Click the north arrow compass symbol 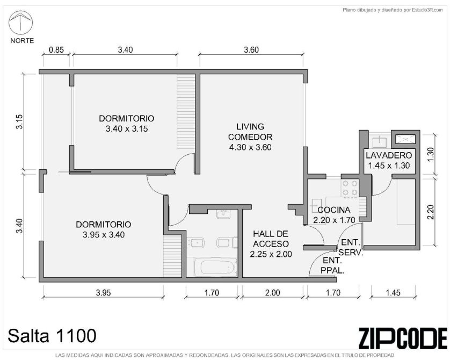[x=21, y=23]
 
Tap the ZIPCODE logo [x=403, y=338]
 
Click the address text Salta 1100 [x=52, y=336]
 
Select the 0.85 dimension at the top [x=56, y=49]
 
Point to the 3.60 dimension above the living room [x=251, y=49]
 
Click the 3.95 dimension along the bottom [x=103, y=292]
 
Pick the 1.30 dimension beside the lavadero [x=431, y=154]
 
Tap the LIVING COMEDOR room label [x=250, y=132]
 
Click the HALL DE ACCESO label [x=271, y=239]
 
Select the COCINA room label [x=334, y=210]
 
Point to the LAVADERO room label [x=389, y=155]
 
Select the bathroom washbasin [x=223, y=214]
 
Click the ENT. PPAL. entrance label [x=332, y=265]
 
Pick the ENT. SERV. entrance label [x=351, y=248]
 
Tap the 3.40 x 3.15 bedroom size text [x=127, y=128]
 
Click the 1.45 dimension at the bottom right [x=393, y=292]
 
